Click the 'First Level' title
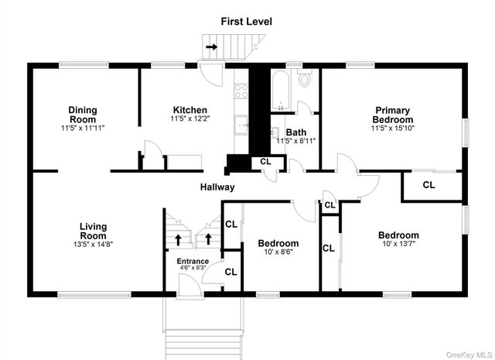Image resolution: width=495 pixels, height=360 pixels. click(246, 22)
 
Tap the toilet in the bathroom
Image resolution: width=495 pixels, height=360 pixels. click(305, 77)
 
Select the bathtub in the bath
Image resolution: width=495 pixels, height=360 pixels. click(280, 91)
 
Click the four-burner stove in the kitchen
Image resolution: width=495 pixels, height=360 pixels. click(241, 91)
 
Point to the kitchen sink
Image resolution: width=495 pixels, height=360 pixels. click(241, 125)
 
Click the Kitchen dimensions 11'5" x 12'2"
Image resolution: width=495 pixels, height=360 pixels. click(190, 119)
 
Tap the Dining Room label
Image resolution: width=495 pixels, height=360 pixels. click(83, 115)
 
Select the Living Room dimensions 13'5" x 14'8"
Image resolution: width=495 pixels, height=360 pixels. click(93, 244)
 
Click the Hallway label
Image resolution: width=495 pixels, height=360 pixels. click(217, 187)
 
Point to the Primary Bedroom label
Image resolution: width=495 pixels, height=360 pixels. click(393, 115)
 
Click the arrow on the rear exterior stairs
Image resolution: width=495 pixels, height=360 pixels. click(211, 47)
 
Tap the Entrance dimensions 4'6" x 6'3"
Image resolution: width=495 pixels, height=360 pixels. click(193, 267)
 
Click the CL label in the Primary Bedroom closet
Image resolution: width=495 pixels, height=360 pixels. click(428, 185)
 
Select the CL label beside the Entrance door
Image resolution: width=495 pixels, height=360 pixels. click(230, 272)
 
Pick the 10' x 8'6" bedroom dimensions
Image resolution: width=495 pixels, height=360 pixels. click(278, 252)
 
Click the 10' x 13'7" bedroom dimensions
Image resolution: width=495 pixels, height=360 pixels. click(399, 243)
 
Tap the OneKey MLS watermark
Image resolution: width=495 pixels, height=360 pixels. click(469, 355)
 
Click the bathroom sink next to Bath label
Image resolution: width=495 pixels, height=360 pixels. click(275, 132)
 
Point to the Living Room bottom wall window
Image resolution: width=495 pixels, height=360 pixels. click(94, 295)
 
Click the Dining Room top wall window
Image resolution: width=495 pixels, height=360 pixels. click(84, 65)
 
